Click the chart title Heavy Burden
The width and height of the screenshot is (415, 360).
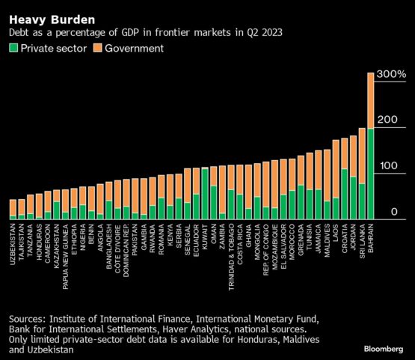point(52,20)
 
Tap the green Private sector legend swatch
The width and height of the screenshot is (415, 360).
point(13,48)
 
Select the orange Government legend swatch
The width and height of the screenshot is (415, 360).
point(98,48)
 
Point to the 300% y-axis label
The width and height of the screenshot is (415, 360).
point(391,74)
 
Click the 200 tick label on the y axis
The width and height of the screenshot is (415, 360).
point(387,120)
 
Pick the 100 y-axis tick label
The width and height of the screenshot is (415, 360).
point(389,166)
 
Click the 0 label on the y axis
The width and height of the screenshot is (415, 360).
point(394,212)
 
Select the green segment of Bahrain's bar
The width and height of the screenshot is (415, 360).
point(371,174)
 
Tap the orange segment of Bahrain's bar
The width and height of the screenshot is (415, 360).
point(371,101)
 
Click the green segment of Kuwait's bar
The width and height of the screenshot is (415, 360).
point(205,194)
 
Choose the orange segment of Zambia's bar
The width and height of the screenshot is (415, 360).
point(222,189)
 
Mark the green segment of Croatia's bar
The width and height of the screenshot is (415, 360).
point(345,194)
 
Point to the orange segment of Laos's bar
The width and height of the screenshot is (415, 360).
point(336,169)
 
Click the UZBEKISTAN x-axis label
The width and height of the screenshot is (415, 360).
point(13,244)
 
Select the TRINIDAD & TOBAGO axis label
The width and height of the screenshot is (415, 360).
point(231,257)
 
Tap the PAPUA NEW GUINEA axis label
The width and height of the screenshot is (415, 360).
point(65,257)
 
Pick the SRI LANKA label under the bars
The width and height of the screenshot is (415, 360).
point(362,241)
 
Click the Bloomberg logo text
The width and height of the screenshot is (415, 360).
point(384,349)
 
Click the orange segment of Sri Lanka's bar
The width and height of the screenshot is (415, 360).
point(362,156)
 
